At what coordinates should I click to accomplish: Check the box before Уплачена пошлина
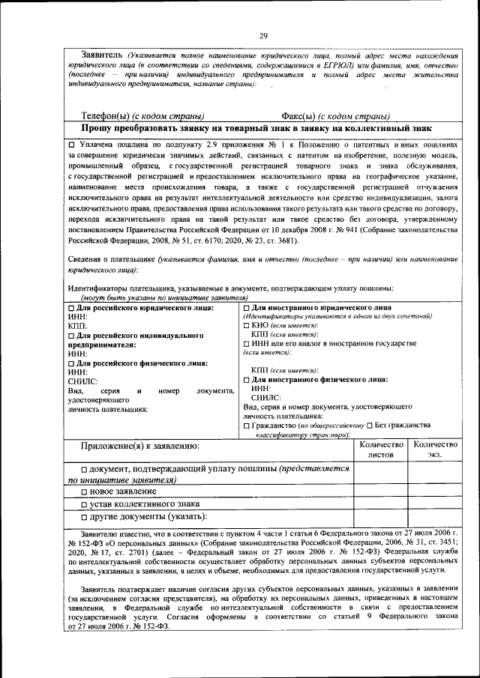[72, 143]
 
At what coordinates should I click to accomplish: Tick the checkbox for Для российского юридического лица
[72, 307]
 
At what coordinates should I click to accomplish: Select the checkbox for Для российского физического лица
[72, 363]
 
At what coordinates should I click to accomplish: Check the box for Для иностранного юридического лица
[247, 307]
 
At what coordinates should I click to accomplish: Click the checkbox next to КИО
[247, 325]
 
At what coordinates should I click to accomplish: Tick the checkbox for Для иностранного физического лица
[247, 380]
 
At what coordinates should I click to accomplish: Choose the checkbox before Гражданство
[247, 425]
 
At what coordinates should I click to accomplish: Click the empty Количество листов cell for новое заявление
[381, 491]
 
